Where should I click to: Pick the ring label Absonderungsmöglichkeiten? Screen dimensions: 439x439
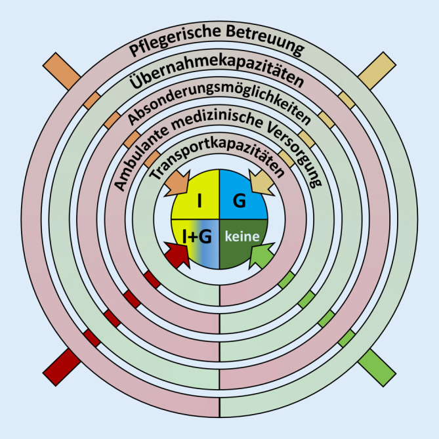coord(219,106)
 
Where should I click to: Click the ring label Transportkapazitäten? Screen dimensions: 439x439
coord(219,161)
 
